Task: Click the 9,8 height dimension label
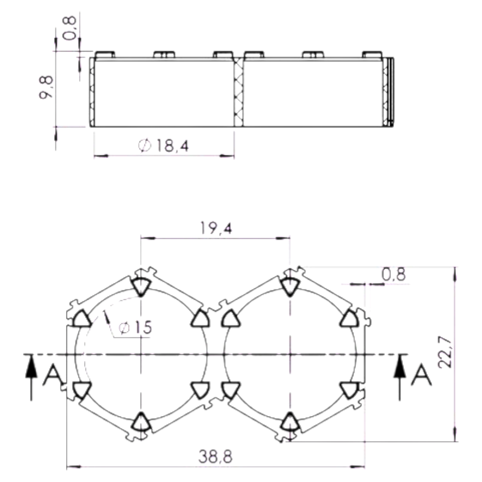[46, 87]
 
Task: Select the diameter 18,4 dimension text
[164, 146]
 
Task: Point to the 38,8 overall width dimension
[215, 457]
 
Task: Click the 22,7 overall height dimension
[445, 352]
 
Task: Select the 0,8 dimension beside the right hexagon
[394, 274]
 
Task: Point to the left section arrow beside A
[31, 377]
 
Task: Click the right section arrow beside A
[400, 377]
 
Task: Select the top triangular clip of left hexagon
[141, 286]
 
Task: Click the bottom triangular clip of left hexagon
[141, 421]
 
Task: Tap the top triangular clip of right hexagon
[290, 286]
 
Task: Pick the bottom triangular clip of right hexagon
[290, 421]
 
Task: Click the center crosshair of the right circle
[290, 354]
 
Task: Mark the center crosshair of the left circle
[141, 354]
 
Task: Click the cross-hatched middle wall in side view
[239, 92]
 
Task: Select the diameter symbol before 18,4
[144, 146]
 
